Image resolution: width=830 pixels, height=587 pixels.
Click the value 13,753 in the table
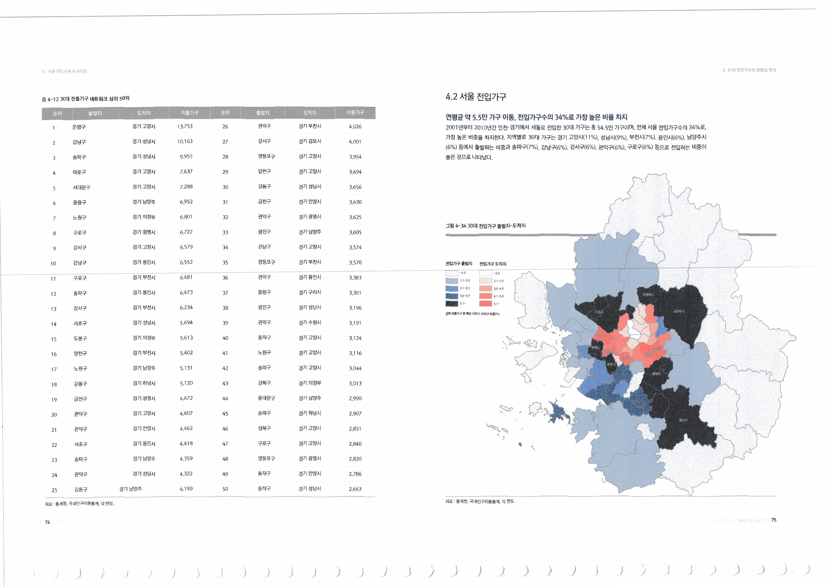click(x=185, y=126)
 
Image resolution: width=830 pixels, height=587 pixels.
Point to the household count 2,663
click(x=355, y=489)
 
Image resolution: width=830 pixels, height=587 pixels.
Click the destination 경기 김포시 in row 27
click(x=310, y=141)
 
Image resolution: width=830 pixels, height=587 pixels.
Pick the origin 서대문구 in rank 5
click(x=81, y=188)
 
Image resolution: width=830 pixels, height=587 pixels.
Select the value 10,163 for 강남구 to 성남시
click(x=185, y=141)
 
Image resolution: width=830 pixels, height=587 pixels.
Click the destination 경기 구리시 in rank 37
click(x=310, y=292)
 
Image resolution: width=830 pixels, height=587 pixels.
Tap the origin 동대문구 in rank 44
click(x=266, y=398)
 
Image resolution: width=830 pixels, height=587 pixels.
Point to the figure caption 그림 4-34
click(x=485, y=226)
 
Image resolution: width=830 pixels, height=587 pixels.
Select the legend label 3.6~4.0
click(x=498, y=289)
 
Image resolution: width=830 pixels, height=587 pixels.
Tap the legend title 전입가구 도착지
click(x=493, y=264)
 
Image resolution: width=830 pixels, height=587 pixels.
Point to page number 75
click(x=774, y=520)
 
